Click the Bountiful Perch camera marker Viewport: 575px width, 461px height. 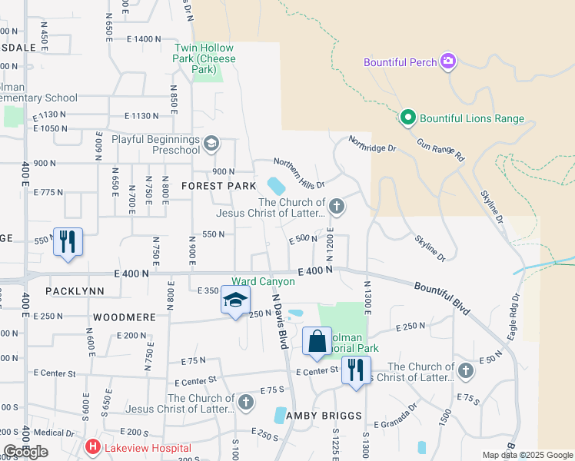click(448, 61)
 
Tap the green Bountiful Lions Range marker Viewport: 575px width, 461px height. click(407, 118)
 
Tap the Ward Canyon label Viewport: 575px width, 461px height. click(264, 282)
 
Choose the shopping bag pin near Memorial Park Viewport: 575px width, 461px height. click(317, 340)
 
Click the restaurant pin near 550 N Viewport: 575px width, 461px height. click(68, 242)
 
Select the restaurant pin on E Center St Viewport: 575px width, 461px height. click(356, 370)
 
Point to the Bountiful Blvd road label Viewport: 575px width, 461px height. click(441, 295)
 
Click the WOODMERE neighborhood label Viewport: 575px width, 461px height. click(124, 317)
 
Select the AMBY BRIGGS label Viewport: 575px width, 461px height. click(324, 416)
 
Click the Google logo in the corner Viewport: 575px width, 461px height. click(26, 452)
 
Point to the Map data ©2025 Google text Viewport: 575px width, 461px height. click(527, 455)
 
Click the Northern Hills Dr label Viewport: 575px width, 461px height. click(300, 174)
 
